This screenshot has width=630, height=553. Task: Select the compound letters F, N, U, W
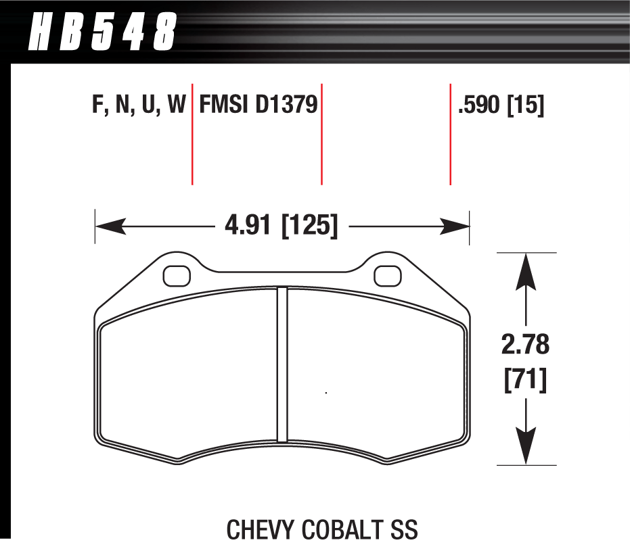pyautogui.click(x=138, y=105)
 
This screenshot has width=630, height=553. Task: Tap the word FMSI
pyautogui.click(x=224, y=105)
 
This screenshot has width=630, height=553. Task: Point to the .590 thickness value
pyautogui.click(x=478, y=105)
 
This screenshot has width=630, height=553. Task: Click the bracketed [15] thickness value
pyautogui.click(x=526, y=105)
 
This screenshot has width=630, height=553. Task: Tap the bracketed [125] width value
pyautogui.click(x=309, y=224)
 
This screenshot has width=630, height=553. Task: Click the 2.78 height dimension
pyautogui.click(x=526, y=345)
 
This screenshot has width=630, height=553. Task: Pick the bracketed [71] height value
pyautogui.click(x=526, y=381)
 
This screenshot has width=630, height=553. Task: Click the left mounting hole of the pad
pyautogui.click(x=177, y=275)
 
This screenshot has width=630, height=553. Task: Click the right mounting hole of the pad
pyautogui.click(x=388, y=275)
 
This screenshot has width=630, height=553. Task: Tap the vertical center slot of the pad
pyautogui.click(x=282, y=365)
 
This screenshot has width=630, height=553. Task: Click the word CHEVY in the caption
pyautogui.click(x=259, y=529)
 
